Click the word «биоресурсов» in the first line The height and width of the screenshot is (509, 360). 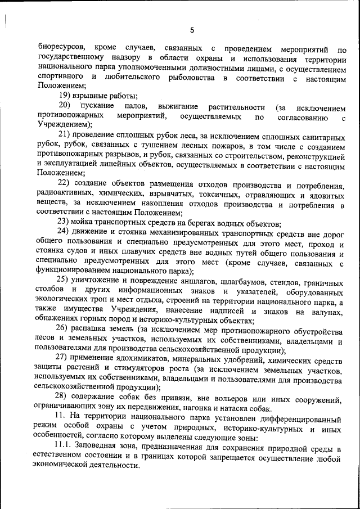62,47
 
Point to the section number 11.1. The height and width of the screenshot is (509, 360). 66,448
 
